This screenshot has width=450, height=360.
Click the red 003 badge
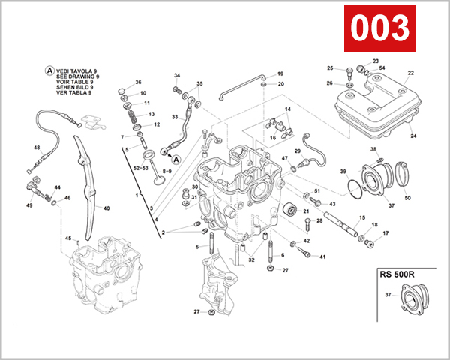(379, 28)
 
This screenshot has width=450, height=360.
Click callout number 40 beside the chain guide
(106, 208)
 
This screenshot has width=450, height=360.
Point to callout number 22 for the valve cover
(411, 73)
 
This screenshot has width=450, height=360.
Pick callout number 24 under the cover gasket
(413, 136)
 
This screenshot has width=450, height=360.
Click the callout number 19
(280, 73)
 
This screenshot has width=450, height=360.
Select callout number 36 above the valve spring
(138, 82)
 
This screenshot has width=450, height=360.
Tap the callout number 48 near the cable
(37, 148)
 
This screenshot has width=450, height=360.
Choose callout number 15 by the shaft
(362, 217)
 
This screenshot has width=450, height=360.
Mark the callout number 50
(408, 198)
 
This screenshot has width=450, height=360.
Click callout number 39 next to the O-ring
(343, 173)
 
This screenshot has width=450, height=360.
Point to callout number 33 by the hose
(175, 118)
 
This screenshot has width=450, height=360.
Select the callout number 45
(67, 238)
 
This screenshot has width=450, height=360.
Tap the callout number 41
(323, 257)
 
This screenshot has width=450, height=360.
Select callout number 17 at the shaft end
(386, 233)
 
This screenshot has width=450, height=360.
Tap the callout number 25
(330, 68)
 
